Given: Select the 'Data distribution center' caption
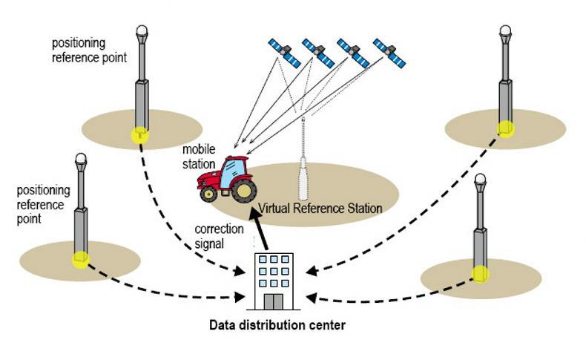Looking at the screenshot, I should [x=277, y=324].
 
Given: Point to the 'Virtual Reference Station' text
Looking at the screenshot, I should [x=320, y=209].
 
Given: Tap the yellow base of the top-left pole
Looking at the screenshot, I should [x=139, y=134].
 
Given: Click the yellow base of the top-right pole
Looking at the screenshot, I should [x=505, y=128].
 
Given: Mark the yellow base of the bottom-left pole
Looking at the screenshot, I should [x=80, y=260].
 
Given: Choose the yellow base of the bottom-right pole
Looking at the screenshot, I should [x=480, y=273].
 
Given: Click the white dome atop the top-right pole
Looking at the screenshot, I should [x=505, y=32].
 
